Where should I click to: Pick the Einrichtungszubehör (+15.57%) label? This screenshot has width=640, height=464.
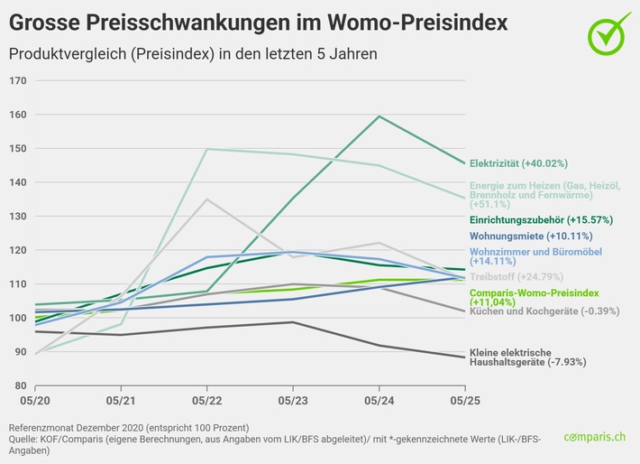pyautogui.click(x=528, y=219)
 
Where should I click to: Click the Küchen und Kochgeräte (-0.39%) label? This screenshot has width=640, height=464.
pyautogui.click(x=533, y=311)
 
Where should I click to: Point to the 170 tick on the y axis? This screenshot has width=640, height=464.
pyautogui.click(x=18, y=80)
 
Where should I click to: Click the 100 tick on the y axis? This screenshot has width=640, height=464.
pyautogui.click(x=18, y=318)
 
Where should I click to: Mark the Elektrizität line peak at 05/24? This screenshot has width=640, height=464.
pyautogui.click(x=379, y=116)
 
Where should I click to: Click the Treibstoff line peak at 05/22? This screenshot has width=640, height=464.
pyautogui.click(x=207, y=200)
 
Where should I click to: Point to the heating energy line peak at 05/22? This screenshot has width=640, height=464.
pyautogui.click(x=207, y=150)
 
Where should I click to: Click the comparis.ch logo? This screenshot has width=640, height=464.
pyautogui.click(x=596, y=437)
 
